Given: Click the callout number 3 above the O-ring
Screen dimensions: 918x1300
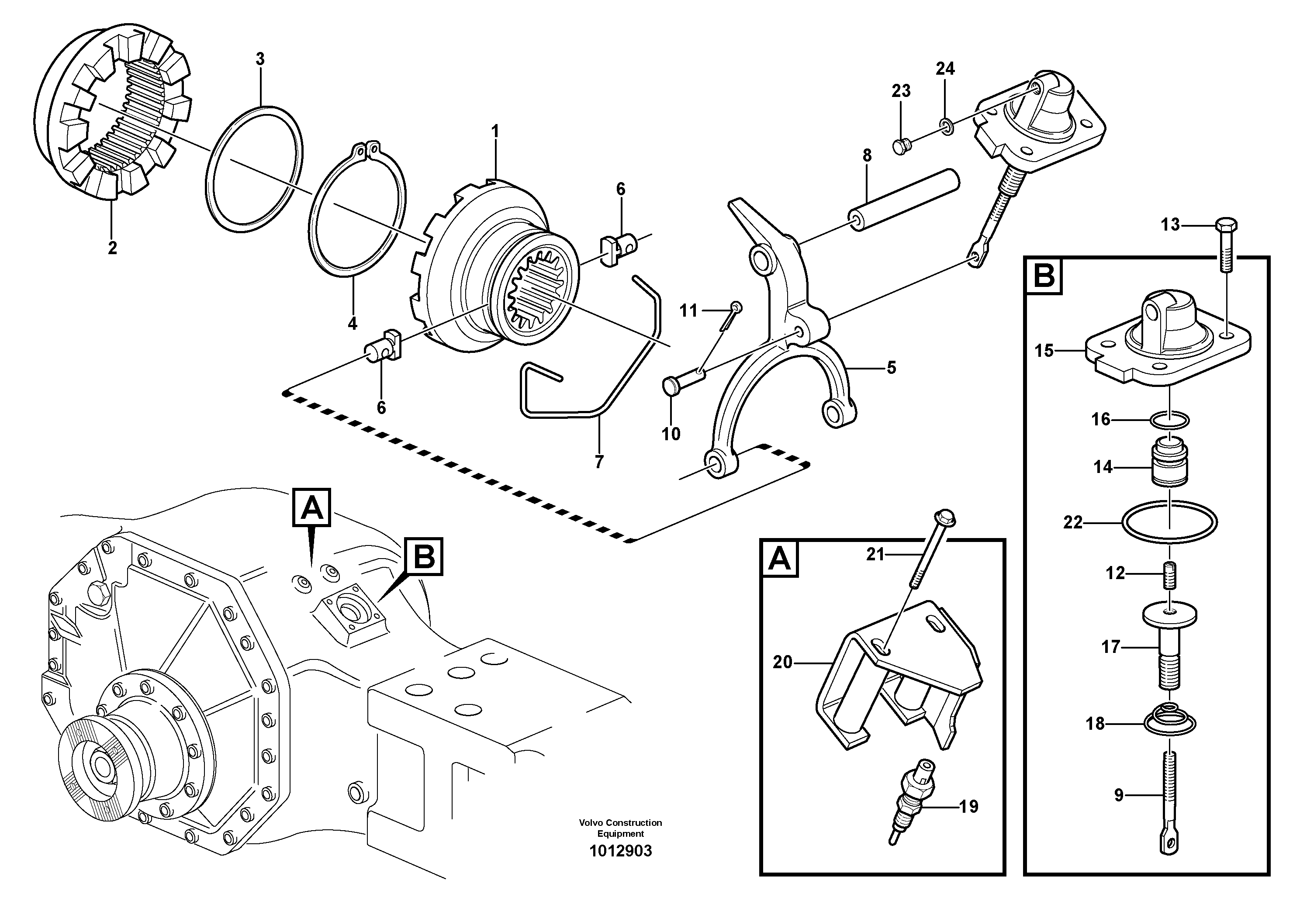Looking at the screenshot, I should coord(260,59).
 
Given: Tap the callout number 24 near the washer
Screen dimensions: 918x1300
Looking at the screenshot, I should coord(945,69).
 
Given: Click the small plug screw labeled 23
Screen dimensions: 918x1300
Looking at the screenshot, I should coord(900,147).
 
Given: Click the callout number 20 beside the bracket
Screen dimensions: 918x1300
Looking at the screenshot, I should coord(782,662).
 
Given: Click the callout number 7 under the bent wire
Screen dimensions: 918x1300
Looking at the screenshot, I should coord(599,462).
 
